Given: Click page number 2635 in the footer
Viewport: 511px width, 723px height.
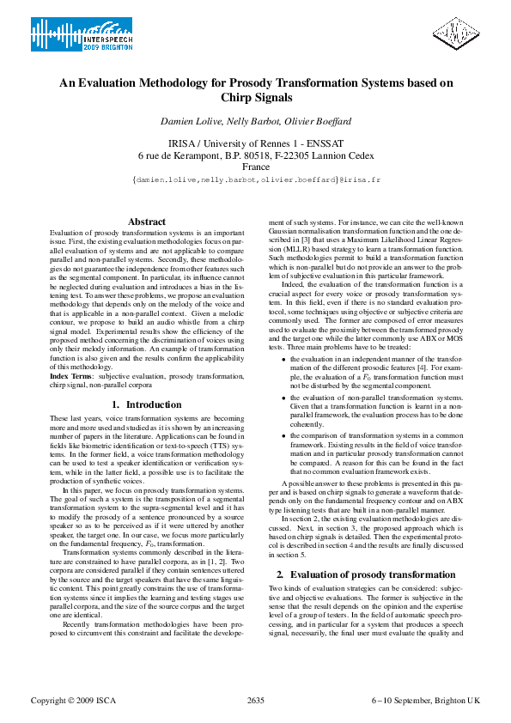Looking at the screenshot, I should pyautogui.click(x=255, y=701).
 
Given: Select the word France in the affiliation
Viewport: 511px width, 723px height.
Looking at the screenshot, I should pyautogui.click(x=256, y=167).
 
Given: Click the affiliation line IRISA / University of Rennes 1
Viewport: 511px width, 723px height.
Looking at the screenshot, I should pyautogui.click(x=256, y=143).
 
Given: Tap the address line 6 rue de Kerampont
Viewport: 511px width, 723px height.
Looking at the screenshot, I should pyautogui.click(x=256, y=155).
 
